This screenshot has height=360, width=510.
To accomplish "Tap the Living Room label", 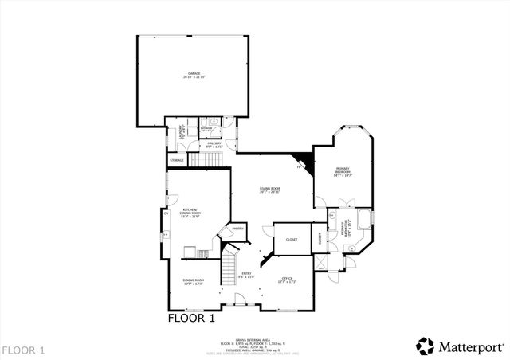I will coord(271,190).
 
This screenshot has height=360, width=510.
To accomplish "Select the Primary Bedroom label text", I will coord(343,170).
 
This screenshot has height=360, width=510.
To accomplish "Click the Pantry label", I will coord(237,229).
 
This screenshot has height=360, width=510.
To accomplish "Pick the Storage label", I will coord(176,160).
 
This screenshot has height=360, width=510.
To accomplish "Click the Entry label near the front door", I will coord(247,275).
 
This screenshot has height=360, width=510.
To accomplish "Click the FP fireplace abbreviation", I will coord(300,167).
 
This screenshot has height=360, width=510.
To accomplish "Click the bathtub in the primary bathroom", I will coord(366,219).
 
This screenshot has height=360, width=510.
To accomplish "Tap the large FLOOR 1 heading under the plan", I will coord(191,319).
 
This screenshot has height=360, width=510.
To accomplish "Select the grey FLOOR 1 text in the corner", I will coord(24,350).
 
